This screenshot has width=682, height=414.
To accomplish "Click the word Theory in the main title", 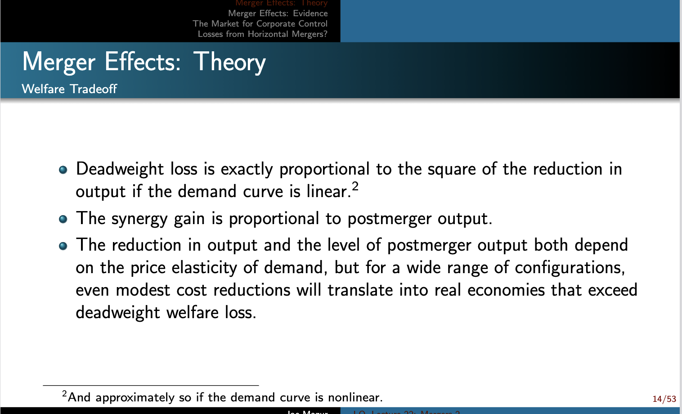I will [x=230, y=62].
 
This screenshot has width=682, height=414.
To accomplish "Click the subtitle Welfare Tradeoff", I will [x=69, y=89].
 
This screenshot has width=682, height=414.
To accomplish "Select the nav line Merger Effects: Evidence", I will [x=278, y=13].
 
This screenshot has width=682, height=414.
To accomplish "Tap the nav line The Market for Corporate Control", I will [x=260, y=24].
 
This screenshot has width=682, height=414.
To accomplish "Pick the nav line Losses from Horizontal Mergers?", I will [x=262, y=34].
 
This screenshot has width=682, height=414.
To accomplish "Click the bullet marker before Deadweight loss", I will [x=63, y=170].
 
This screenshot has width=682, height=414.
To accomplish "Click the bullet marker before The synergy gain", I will [x=63, y=219].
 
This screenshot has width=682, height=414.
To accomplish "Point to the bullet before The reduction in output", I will [x=63, y=246].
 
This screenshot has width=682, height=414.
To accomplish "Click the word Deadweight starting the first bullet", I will [x=120, y=169].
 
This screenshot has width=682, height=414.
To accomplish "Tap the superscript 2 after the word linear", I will [x=355, y=186].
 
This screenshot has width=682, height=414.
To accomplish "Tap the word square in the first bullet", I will [x=451, y=169].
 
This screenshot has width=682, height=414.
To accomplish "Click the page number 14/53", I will [x=664, y=399].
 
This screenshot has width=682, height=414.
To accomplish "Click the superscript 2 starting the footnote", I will [x=65, y=394].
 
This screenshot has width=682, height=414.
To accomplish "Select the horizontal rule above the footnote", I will [x=151, y=386].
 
